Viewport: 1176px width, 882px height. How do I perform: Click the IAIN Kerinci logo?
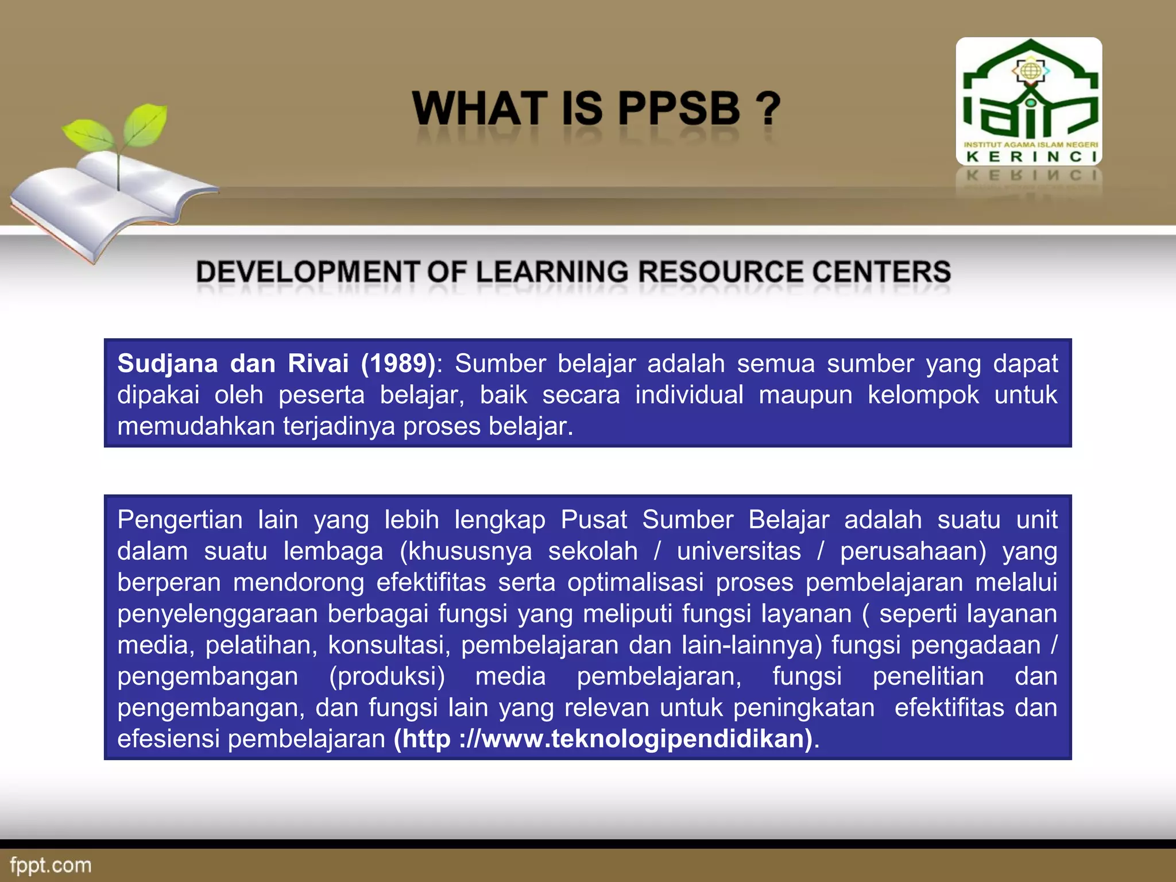(x=1029, y=101)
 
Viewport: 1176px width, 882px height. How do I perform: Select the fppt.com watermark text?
(x=51, y=865)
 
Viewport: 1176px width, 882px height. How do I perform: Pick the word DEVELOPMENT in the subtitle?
(x=308, y=272)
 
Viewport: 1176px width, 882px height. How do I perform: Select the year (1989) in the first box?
(x=398, y=363)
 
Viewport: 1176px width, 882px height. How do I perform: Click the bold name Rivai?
(x=318, y=363)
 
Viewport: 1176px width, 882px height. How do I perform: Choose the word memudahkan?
(x=196, y=427)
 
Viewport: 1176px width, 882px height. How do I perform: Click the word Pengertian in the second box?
(x=180, y=520)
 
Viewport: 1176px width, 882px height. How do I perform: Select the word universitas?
(x=738, y=551)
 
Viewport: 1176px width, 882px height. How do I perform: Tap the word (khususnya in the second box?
(x=466, y=551)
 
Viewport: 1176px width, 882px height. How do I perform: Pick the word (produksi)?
(x=387, y=676)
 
